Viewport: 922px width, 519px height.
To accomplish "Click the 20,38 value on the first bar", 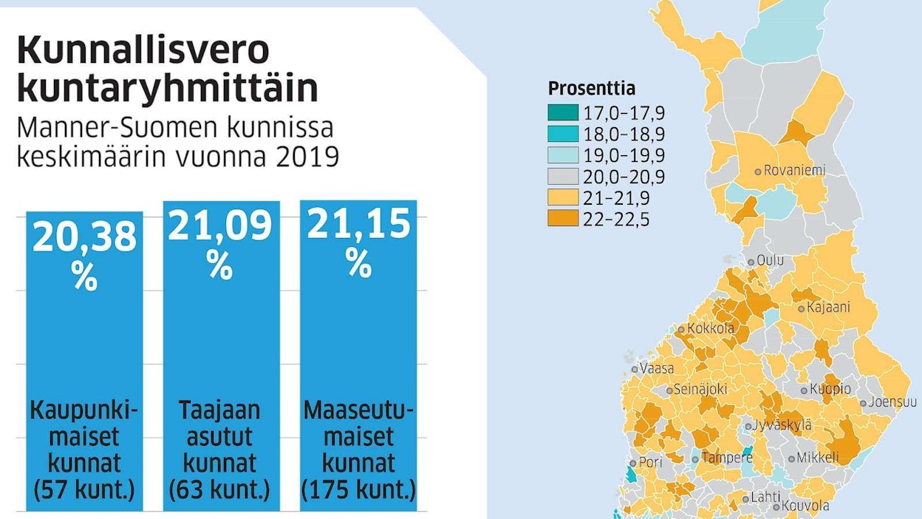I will coord(84,238).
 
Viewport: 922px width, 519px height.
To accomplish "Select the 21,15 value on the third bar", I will coord(358,224).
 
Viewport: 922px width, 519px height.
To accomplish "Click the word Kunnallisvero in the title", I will coord(143,52).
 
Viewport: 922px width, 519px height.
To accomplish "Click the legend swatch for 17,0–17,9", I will coord(564,113).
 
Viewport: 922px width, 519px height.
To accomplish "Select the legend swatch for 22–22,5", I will coord(564,220).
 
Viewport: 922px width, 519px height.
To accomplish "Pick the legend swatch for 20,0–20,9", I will coord(564,177).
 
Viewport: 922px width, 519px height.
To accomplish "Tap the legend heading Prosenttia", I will coord(592,89).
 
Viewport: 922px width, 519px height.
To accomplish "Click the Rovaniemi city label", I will coord(794,170).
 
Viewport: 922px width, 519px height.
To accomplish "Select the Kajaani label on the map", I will coord(828,307).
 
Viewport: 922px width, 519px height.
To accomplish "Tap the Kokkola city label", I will coord(711,328).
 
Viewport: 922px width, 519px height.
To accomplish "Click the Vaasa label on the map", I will coord(657,368).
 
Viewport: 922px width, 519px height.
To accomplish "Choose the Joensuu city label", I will coord(892,402).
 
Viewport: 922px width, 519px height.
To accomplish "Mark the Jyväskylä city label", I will coord(782,425).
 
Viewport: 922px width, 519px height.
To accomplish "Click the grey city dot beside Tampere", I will coord(695,459).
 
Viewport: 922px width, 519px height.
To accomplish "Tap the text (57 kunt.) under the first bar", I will coord(84,490).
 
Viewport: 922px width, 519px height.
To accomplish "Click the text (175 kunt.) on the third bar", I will coord(358,490).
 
